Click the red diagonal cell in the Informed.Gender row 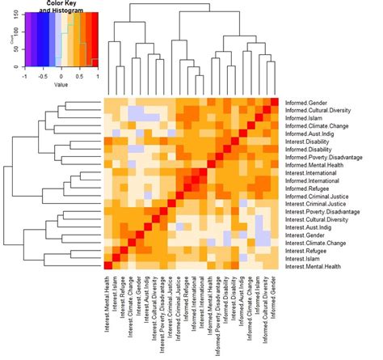click(x=275, y=102)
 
